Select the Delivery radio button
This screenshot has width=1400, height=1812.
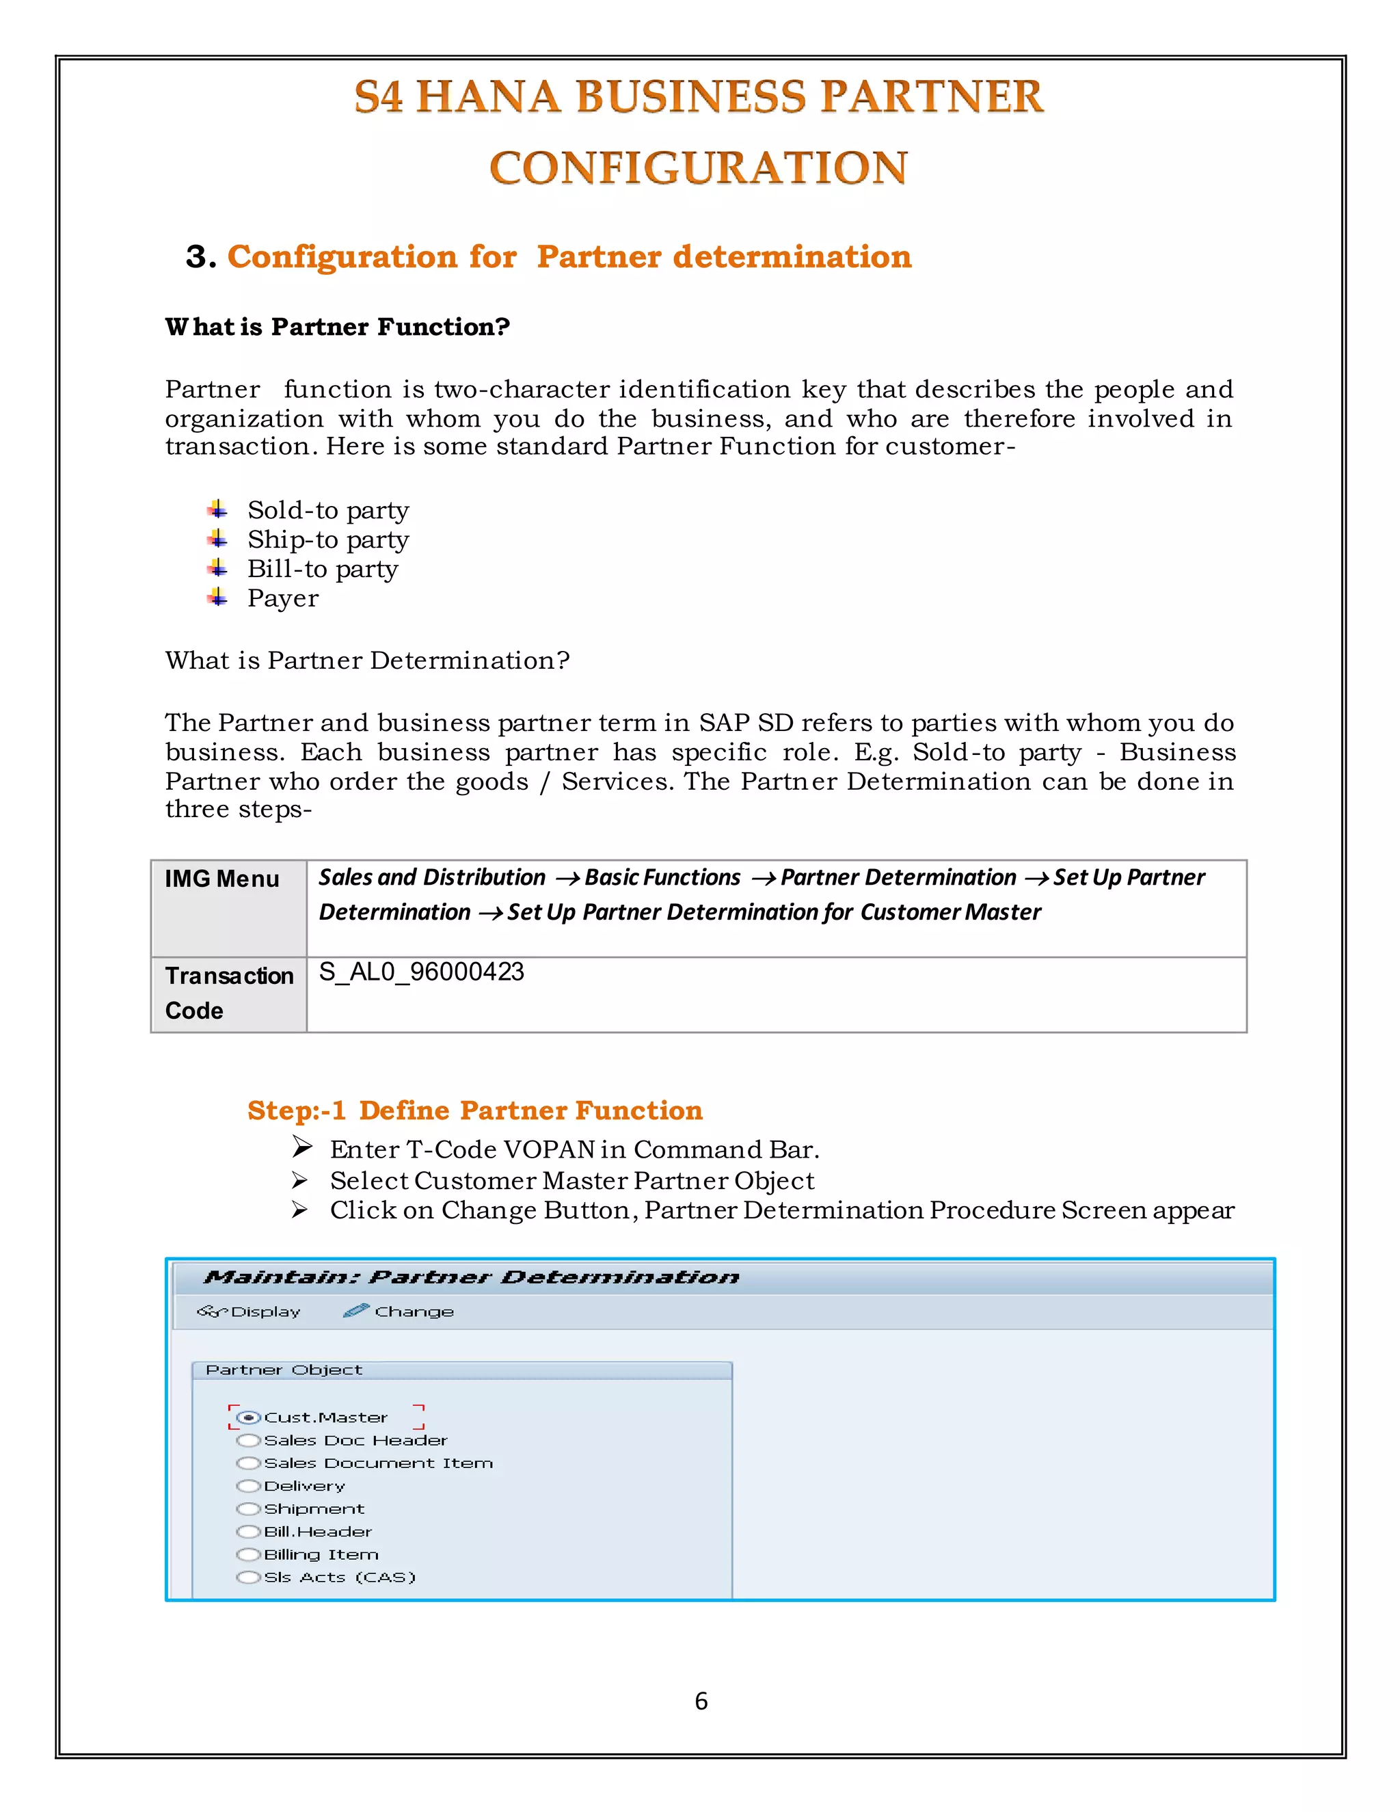point(248,1486)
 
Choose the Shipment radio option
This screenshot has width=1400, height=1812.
point(248,1508)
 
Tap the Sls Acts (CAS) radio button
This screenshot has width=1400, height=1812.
point(248,1577)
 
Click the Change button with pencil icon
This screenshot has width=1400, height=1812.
point(399,1311)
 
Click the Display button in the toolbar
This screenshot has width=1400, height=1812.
point(249,1311)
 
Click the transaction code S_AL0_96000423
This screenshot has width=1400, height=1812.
point(421,972)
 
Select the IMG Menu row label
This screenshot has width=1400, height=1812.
point(221,879)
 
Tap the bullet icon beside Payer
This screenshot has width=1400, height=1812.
point(217,598)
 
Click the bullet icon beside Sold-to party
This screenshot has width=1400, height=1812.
point(217,509)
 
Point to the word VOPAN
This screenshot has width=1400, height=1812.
point(549,1149)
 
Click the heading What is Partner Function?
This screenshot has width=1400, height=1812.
point(337,327)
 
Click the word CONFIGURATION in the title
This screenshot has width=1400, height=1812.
point(699,168)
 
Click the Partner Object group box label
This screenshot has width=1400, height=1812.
point(284,1370)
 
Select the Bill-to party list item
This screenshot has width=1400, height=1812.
point(323,569)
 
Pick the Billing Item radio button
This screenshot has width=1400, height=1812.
point(248,1554)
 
